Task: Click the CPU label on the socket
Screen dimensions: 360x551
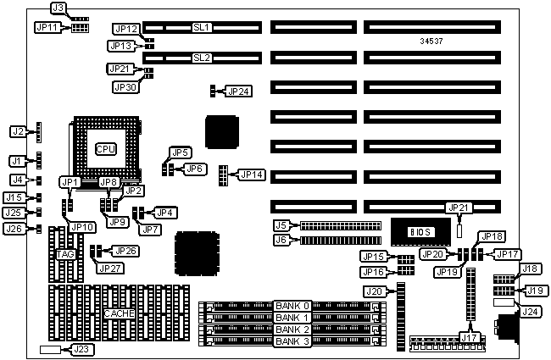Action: point(105,149)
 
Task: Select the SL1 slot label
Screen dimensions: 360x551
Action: point(202,28)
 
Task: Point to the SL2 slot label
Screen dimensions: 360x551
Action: point(201,58)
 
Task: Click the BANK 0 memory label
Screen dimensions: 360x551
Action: point(292,305)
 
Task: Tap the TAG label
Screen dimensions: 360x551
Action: point(65,254)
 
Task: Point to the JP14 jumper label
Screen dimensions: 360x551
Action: point(252,174)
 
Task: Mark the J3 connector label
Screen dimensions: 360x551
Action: point(58,8)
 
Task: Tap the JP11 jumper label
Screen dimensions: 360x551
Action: point(47,27)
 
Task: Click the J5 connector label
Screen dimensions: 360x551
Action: point(281,225)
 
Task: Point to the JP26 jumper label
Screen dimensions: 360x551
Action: point(125,251)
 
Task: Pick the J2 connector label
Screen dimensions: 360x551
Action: point(18,131)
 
